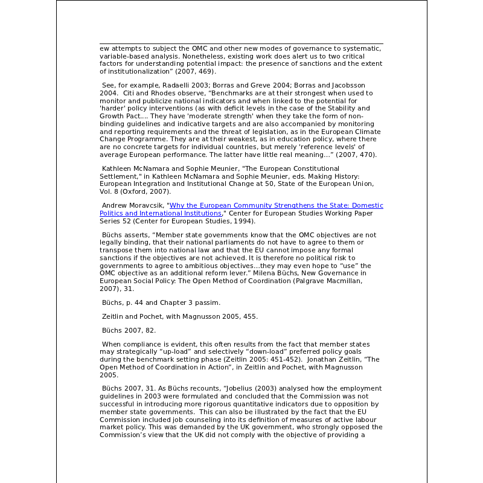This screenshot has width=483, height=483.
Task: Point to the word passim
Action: [209, 302]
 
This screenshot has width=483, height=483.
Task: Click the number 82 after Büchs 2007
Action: [150, 330]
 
